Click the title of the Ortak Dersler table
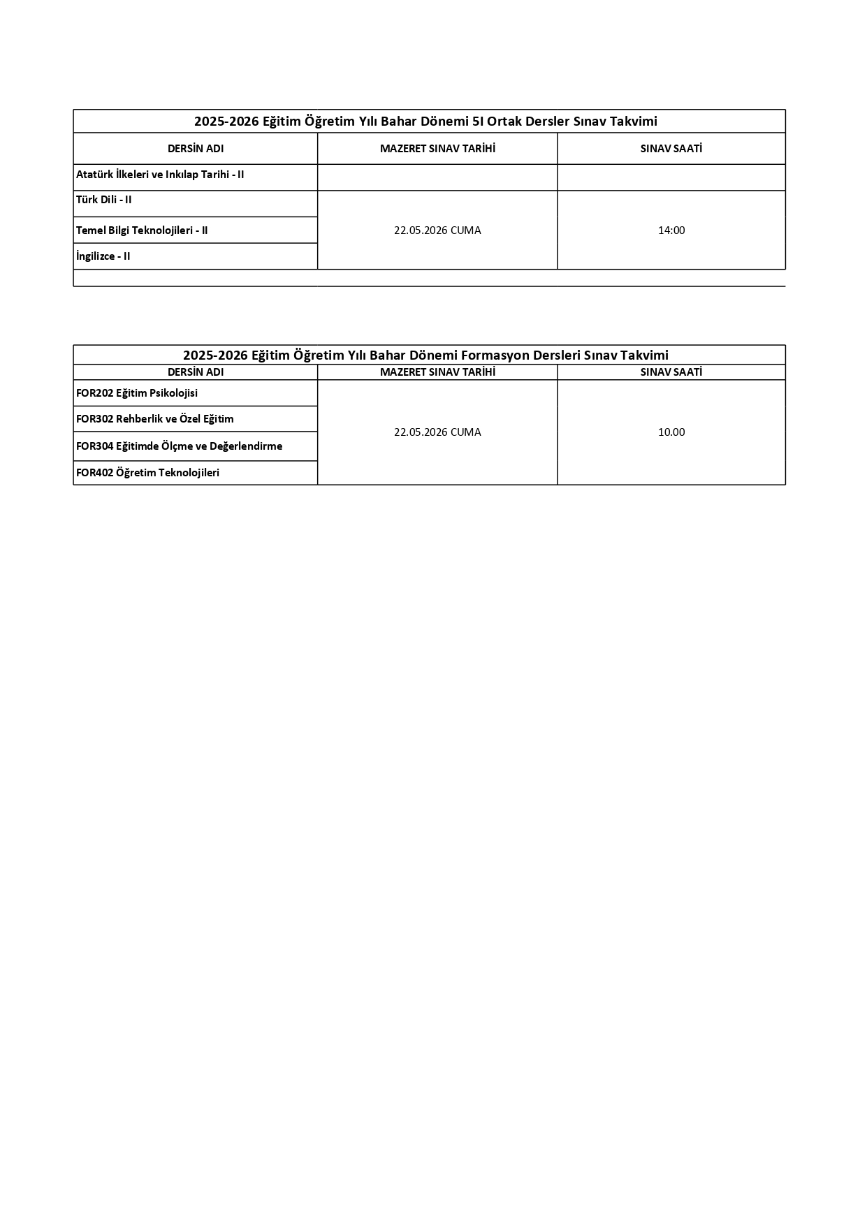(425, 122)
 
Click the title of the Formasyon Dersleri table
(425, 355)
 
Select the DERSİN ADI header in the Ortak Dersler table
(196, 149)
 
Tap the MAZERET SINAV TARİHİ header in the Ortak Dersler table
(437, 149)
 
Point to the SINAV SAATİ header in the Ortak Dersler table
(671, 149)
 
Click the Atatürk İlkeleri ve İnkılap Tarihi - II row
(160, 175)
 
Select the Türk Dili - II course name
(104, 200)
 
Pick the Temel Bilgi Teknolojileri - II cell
(142, 230)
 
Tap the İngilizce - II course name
(103, 256)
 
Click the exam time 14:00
(671, 230)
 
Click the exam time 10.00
(671, 432)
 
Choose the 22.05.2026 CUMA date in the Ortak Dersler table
(437, 230)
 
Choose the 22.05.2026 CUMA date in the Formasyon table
(437, 432)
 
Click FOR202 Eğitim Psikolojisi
(137, 393)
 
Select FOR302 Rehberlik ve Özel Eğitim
(155, 419)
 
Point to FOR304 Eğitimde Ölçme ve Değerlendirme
(180, 446)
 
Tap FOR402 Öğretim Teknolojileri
(148, 473)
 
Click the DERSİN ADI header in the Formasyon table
(196, 372)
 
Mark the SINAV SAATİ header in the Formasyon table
(671, 372)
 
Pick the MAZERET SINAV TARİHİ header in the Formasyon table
(437, 372)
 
